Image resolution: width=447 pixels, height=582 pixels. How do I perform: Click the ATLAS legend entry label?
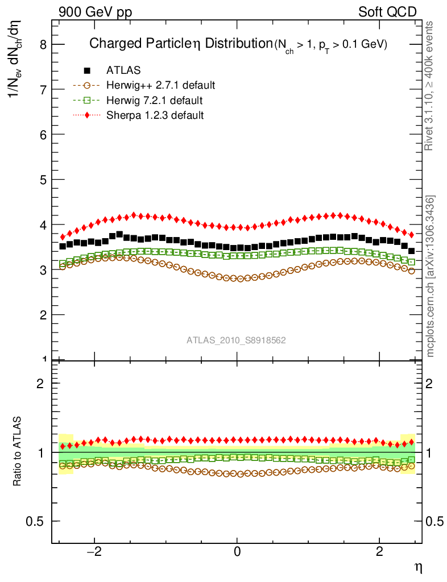[123, 70]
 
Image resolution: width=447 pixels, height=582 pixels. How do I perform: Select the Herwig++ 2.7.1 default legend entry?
[160, 86]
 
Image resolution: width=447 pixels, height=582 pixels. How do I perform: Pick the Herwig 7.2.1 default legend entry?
[154, 101]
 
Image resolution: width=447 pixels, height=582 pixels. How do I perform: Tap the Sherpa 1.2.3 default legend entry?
[155, 115]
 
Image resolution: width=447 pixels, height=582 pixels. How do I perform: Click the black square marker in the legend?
[87, 70]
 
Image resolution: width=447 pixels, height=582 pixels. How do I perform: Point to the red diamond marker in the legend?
[87, 115]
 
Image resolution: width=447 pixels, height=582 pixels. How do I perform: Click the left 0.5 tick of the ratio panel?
[38, 521]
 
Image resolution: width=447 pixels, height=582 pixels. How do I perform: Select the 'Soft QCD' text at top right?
[388, 12]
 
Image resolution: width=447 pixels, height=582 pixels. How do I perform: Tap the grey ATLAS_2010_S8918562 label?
[236, 340]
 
